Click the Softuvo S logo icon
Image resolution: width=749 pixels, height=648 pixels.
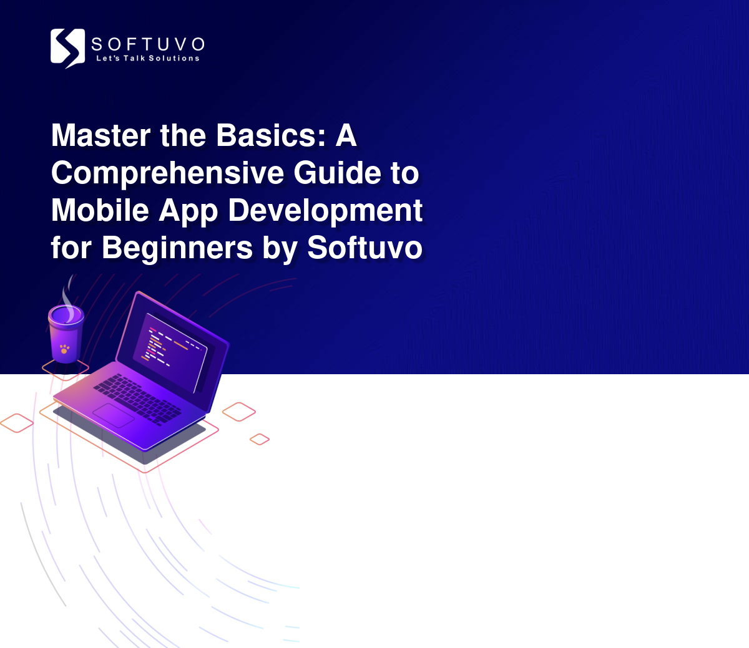[x=68, y=48]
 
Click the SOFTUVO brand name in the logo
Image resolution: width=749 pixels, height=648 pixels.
[x=148, y=45]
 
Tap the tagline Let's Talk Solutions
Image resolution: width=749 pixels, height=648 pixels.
[x=148, y=58]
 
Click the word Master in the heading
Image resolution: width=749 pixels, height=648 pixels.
[x=100, y=135]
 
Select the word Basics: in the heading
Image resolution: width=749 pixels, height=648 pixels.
[x=271, y=135]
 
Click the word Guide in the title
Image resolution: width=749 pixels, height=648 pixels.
[x=337, y=172]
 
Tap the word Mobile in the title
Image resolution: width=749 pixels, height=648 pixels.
[x=100, y=210]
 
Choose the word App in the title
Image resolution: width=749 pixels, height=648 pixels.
[x=188, y=212]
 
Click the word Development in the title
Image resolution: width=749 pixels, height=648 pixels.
[x=325, y=212]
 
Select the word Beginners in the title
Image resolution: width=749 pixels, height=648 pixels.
[x=177, y=249]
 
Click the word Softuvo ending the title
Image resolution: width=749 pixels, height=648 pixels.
[x=365, y=248]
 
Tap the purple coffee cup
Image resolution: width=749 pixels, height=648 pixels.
[x=66, y=334]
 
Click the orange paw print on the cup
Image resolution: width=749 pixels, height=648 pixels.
[x=64, y=349]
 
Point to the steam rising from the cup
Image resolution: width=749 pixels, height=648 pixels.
[x=68, y=297]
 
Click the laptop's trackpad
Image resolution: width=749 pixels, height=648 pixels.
[x=114, y=415]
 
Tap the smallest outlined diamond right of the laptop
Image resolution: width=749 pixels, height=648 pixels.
[x=260, y=439]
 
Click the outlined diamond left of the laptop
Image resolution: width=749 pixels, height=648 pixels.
[x=17, y=423]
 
